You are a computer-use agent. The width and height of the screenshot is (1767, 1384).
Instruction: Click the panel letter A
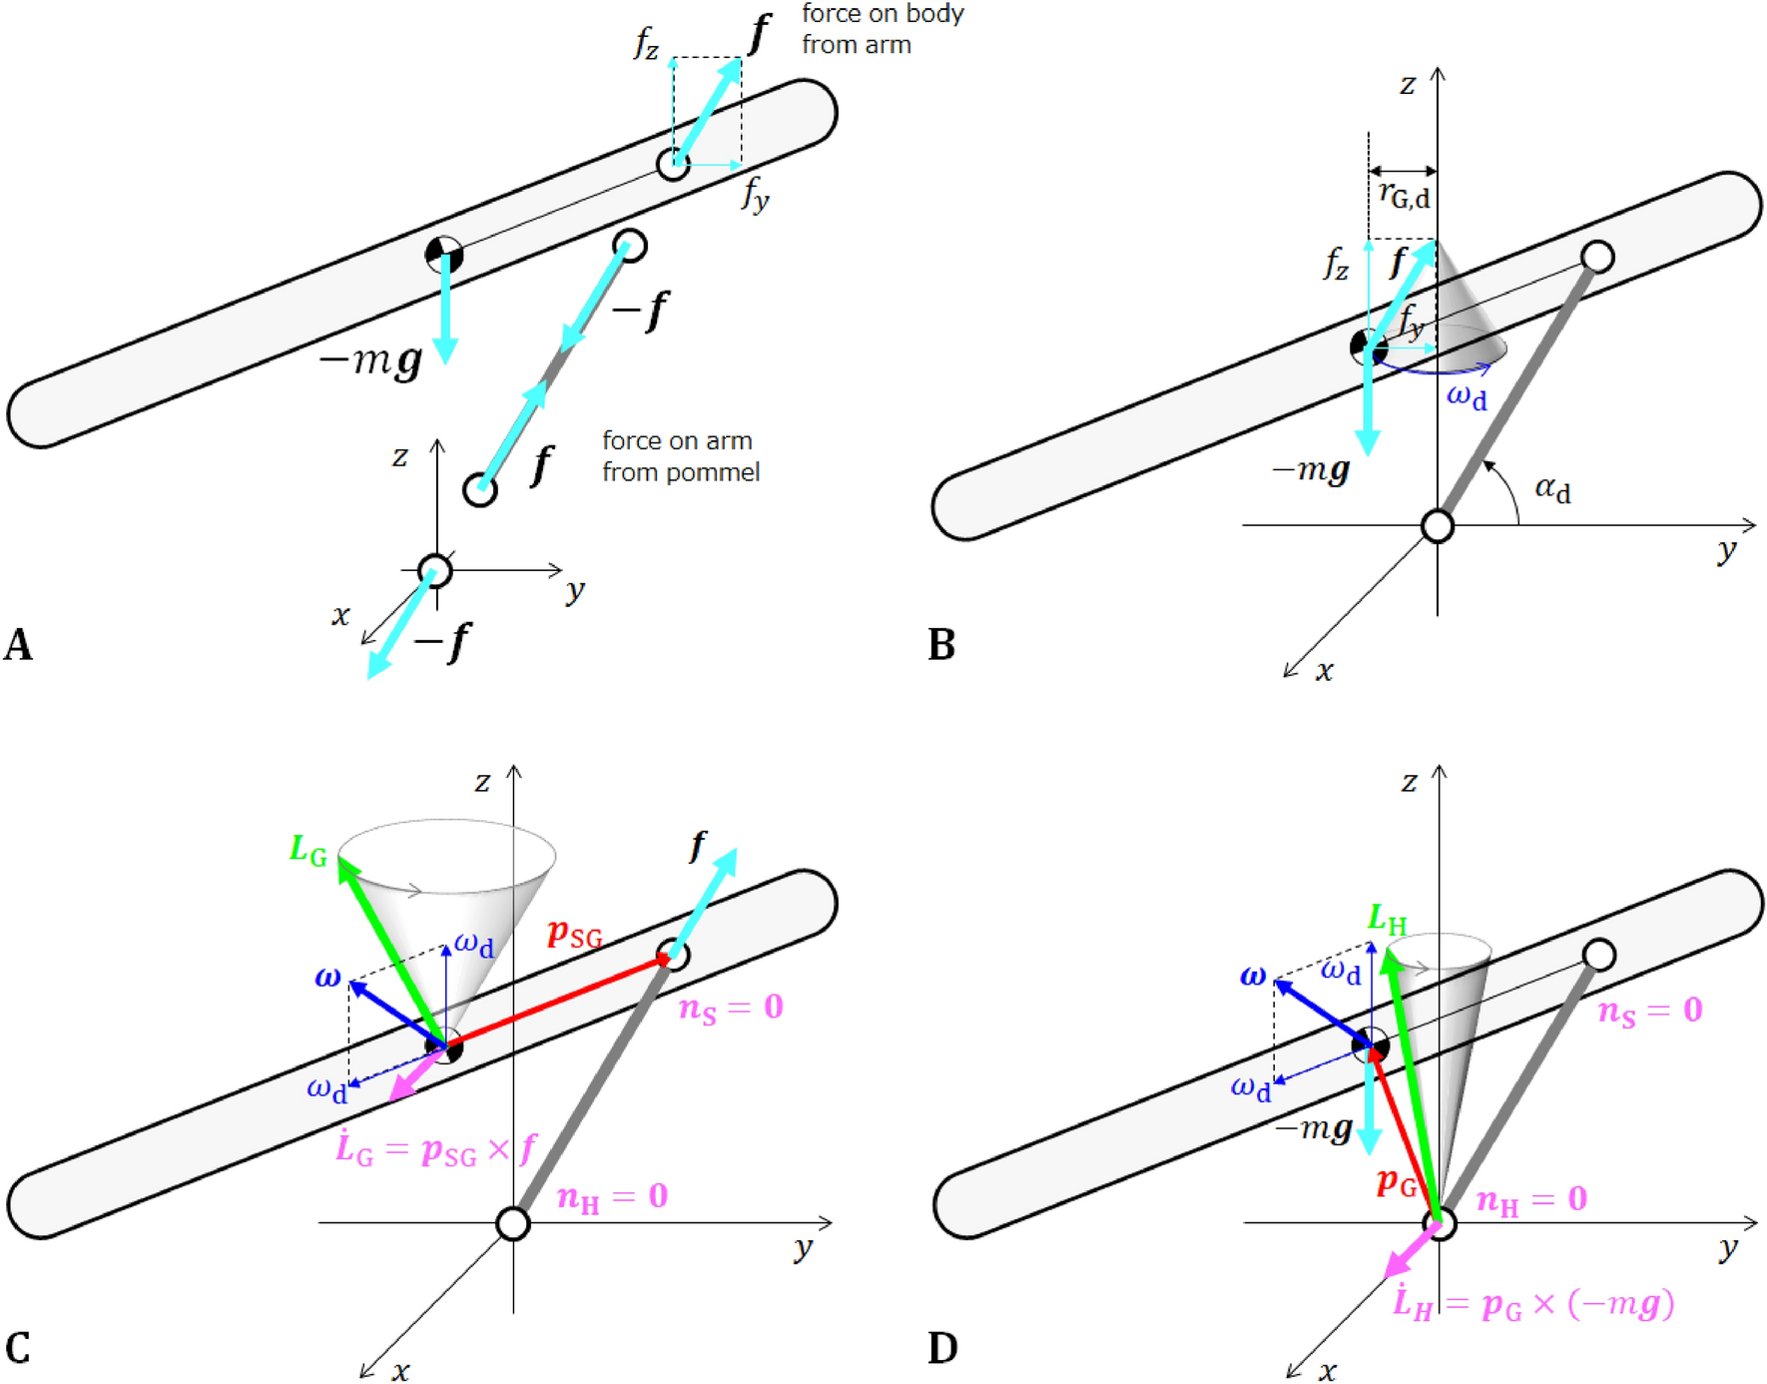tap(18, 645)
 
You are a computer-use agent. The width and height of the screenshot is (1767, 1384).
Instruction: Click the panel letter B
tap(940, 645)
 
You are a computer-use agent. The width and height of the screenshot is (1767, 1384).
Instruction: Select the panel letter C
tap(18, 1348)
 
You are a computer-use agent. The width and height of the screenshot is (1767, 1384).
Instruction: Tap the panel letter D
tap(942, 1348)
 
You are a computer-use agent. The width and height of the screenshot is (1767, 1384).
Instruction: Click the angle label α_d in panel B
tap(1552, 489)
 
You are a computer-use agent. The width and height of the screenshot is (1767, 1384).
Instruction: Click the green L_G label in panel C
tap(307, 851)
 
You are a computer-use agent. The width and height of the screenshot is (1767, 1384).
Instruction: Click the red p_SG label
tap(575, 935)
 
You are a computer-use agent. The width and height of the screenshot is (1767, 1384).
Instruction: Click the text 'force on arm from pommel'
tap(680, 456)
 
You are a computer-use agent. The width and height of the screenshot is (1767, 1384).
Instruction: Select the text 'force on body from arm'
tap(882, 29)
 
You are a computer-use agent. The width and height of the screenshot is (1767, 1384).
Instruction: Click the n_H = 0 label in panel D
tap(1531, 1199)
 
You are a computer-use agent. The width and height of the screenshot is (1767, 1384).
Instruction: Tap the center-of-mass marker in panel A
tap(444, 255)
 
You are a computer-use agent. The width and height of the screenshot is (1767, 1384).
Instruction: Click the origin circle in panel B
tap(1437, 525)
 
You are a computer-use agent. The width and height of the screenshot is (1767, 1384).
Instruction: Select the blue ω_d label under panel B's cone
tap(1467, 396)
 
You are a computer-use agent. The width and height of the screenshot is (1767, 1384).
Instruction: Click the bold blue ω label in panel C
tap(327, 978)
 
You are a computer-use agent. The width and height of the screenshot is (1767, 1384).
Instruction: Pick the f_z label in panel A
tap(647, 45)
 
